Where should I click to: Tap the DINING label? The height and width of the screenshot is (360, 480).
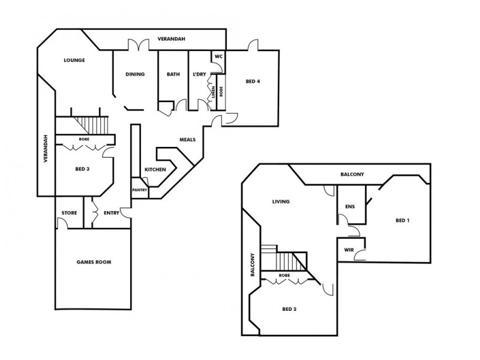[135, 74]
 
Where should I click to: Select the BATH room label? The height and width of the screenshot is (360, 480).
[173, 74]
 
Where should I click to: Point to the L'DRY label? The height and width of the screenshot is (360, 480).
[199, 74]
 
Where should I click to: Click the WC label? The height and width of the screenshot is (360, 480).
[219, 56]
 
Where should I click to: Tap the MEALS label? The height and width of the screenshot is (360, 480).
[188, 139]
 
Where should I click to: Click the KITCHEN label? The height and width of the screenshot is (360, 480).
[155, 170]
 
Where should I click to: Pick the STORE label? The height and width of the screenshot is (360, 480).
[68, 213]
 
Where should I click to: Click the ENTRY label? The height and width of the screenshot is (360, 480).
[112, 213]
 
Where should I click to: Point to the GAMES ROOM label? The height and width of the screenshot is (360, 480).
[94, 262]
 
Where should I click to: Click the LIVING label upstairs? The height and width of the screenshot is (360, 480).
[281, 202]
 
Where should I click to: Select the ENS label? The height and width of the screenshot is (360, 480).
[350, 207]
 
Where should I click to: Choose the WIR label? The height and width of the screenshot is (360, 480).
[348, 250]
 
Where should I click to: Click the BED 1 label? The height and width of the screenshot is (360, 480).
[403, 221]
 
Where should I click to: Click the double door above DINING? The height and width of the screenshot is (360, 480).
[139, 46]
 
